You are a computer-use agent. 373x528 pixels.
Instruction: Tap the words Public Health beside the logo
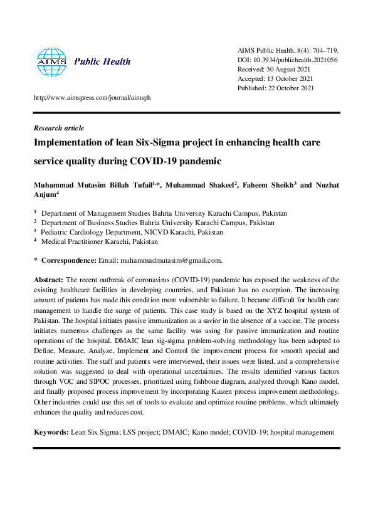pyautogui.click(x=103, y=61)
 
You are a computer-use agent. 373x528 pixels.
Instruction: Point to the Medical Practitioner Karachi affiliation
pyautogui.click(x=100, y=241)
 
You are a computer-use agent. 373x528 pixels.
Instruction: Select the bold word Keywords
pyautogui.click(x=51, y=432)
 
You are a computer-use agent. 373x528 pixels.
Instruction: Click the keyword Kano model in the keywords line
pyautogui.click(x=199, y=432)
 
